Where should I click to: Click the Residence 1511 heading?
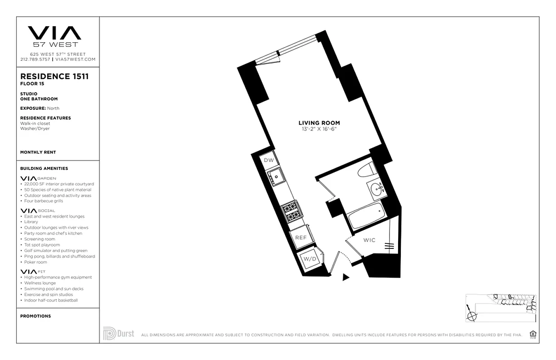coord(54,76)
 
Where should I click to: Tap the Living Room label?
coord(319,123)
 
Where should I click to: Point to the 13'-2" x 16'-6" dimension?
coord(319,129)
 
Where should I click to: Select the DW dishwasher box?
coord(269,161)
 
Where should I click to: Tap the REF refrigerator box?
coord(300,238)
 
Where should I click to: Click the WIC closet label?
coord(369,240)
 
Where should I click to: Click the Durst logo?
coord(119,333)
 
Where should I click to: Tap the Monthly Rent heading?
coord(38,153)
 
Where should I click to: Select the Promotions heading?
coord(36,316)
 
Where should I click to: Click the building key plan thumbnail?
coord(501,308)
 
